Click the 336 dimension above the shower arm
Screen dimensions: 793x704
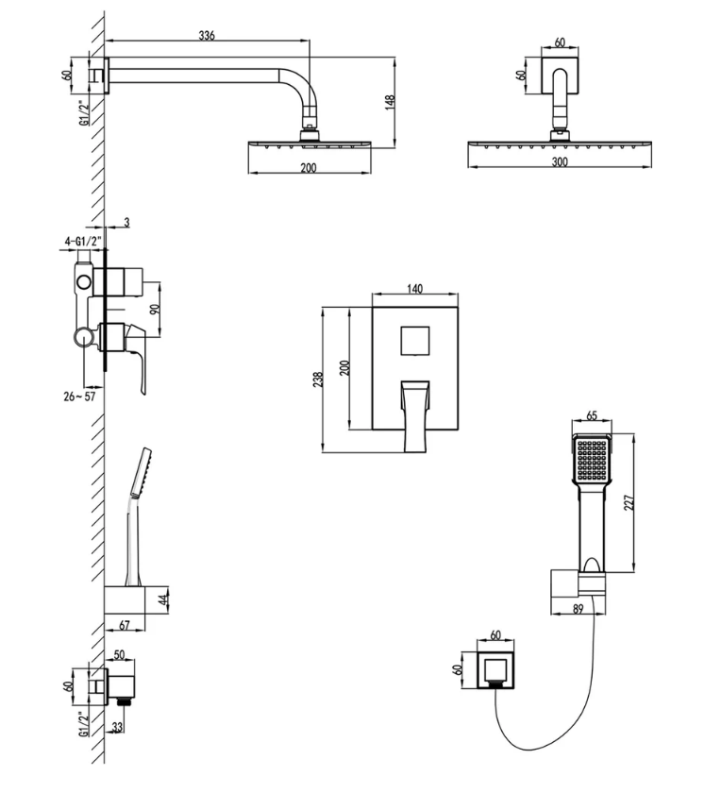point(207,35)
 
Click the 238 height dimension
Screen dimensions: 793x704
point(319,379)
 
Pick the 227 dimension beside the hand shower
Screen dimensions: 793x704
point(629,502)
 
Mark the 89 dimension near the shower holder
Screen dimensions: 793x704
point(577,610)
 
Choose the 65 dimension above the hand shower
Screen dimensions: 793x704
point(592,414)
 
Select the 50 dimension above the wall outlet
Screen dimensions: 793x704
point(120,654)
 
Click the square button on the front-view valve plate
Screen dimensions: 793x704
point(415,340)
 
